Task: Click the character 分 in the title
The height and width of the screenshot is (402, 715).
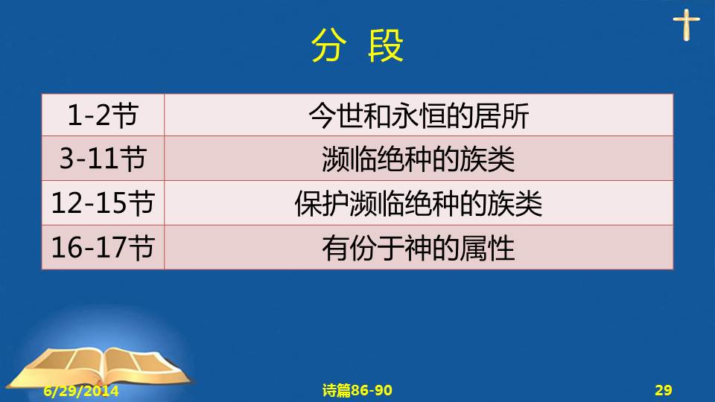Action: coord(328,45)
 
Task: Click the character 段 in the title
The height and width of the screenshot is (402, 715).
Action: coord(385,45)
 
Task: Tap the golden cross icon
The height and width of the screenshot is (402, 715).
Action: coord(686,25)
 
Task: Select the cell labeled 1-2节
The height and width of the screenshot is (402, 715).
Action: coord(103,115)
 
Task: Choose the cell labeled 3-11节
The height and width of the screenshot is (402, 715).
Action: coord(103,158)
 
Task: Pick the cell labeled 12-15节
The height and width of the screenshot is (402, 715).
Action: coord(103,202)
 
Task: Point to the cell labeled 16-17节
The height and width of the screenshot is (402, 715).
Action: coord(103,247)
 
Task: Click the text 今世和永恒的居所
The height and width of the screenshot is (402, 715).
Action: coord(419,116)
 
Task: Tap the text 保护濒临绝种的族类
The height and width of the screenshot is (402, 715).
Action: coord(419,203)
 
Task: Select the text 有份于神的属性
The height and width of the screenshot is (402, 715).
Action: coord(419,248)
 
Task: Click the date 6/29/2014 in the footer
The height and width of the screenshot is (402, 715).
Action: coord(81,391)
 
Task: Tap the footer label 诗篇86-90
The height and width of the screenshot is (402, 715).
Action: coord(357,390)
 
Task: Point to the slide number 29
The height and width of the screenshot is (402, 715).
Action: coord(664,390)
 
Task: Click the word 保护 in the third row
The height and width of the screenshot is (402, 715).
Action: coord(322,203)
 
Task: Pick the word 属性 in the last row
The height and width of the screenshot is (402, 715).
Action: coord(487,248)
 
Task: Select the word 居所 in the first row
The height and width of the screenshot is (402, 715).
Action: coord(501,116)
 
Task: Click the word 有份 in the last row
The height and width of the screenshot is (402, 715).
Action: coord(349,248)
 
